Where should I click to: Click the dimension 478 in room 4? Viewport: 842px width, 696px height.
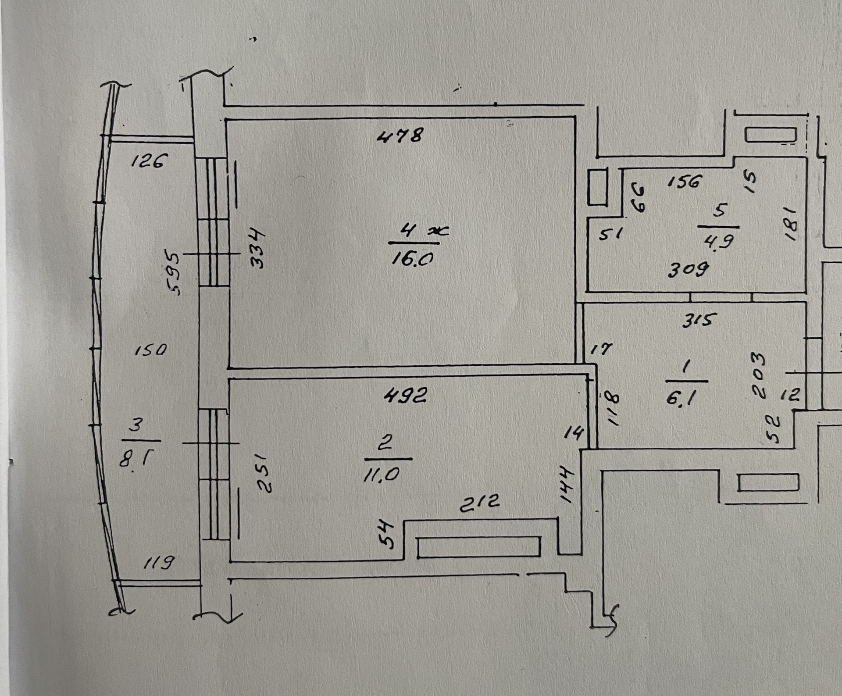click(400, 136)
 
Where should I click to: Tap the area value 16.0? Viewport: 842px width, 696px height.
click(412, 259)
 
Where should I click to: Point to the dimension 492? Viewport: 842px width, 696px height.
click(405, 396)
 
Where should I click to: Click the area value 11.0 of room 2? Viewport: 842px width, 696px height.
click(382, 474)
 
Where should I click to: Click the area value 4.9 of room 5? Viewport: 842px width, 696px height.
click(718, 241)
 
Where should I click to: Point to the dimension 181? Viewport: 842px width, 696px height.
click(792, 225)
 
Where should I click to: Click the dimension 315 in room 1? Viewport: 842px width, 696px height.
click(697, 321)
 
